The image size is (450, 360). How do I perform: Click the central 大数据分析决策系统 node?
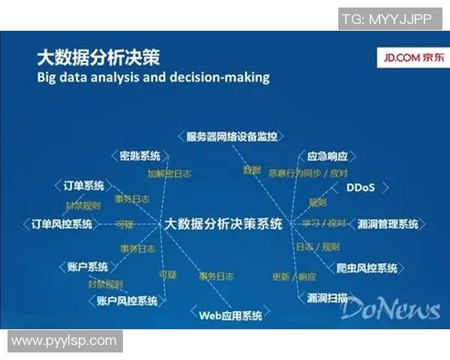[223, 223]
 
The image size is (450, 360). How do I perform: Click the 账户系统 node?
[88, 267]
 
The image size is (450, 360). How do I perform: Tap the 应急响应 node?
[327, 157]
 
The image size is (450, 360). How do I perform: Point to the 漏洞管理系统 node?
[388, 223]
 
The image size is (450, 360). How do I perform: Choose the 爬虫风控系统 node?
[367, 268]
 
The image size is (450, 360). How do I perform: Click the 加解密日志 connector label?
[168, 172]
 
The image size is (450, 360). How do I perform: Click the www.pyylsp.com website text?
[64, 340]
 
